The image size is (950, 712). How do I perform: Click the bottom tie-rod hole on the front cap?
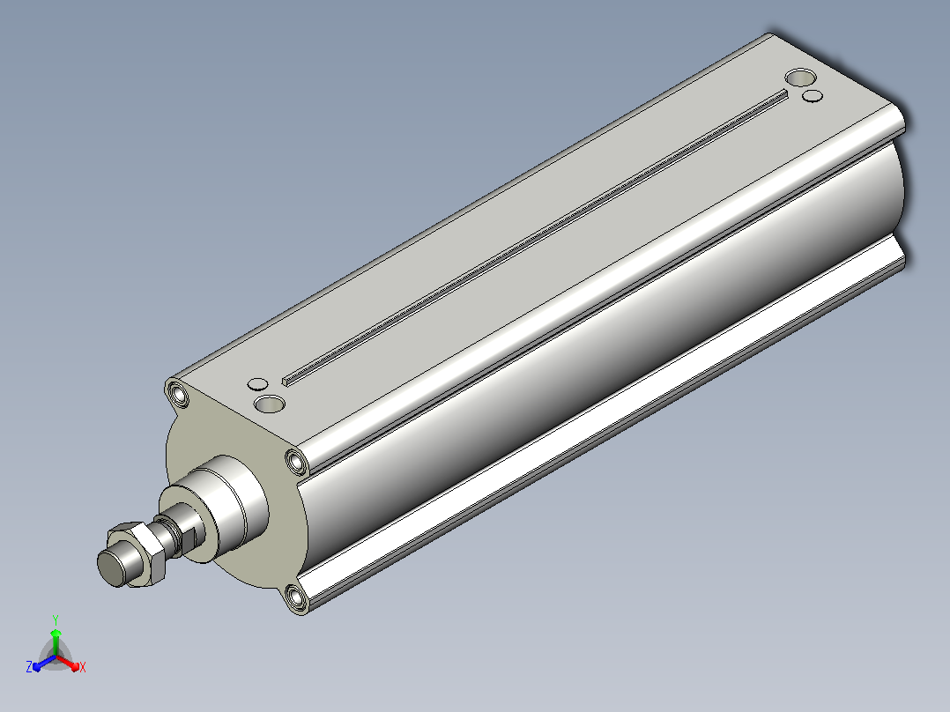(x=297, y=597)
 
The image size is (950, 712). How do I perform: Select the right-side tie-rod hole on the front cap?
(x=296, y=463)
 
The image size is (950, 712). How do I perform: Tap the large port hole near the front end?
(x=270, y=404)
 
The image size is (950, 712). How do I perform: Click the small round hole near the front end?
(x=258, y=384)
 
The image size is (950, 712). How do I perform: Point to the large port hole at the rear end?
(x=800, y=78)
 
